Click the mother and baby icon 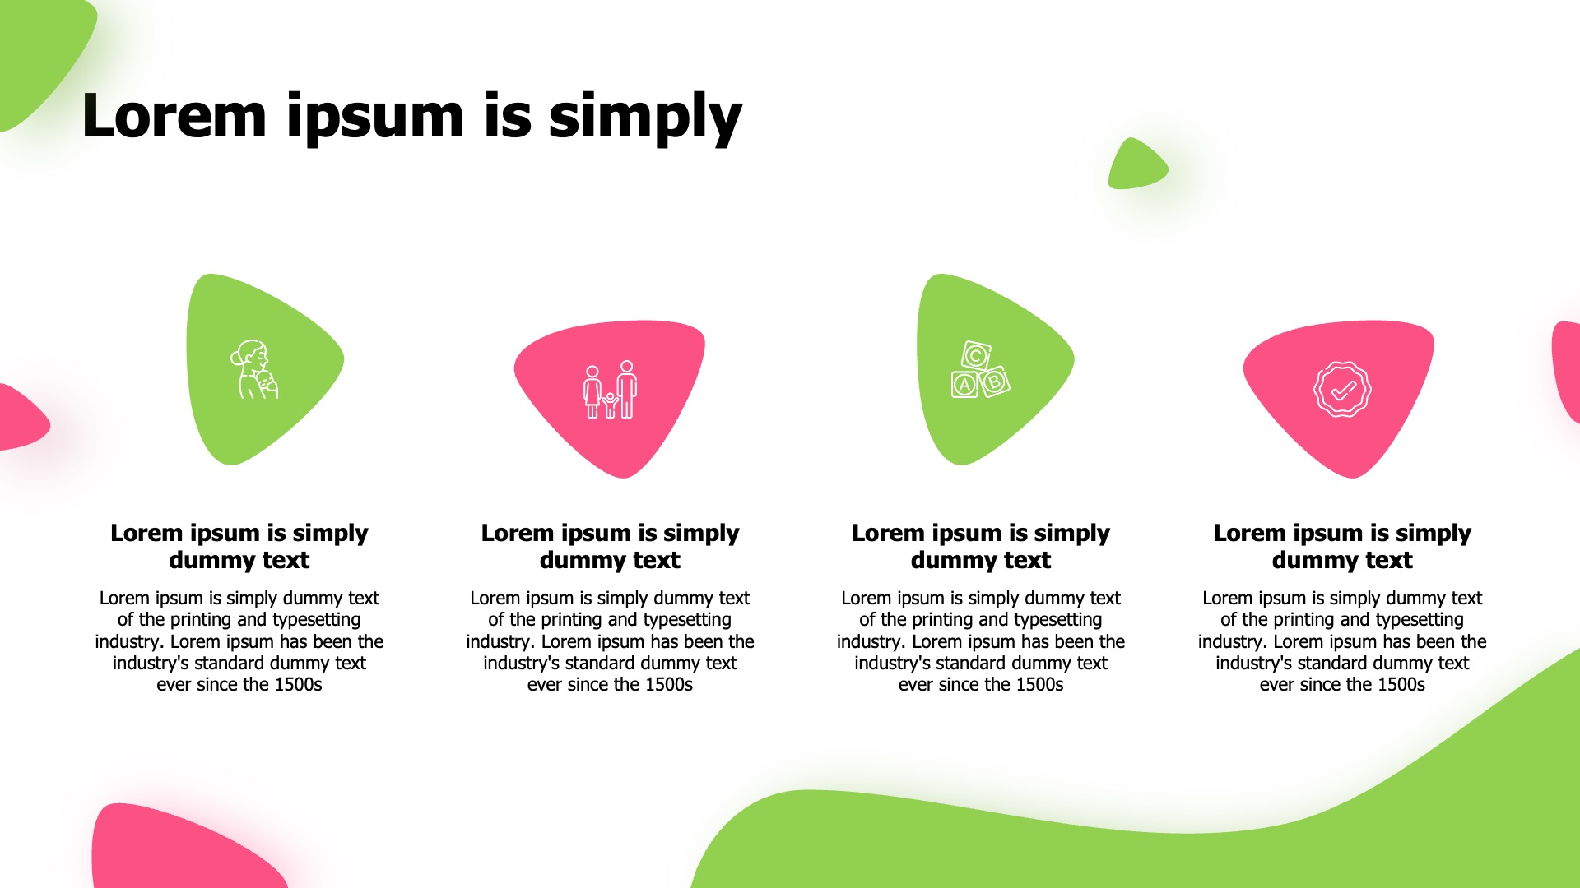pos(253,370)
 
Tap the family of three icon pos(610,389)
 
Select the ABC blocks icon pos(980,369)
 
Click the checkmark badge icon pos(1342,389)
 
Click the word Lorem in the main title pos(174,116)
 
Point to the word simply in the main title pos(645,118)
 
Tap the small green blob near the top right pos(1137,164)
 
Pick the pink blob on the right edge pos(1566,370)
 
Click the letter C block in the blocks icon pos(975,356)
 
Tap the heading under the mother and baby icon pos(239,546)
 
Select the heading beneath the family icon pos(610,546)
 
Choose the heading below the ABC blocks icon pos(981,546)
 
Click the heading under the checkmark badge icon pos(1342,546)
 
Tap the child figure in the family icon pos(610,405)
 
